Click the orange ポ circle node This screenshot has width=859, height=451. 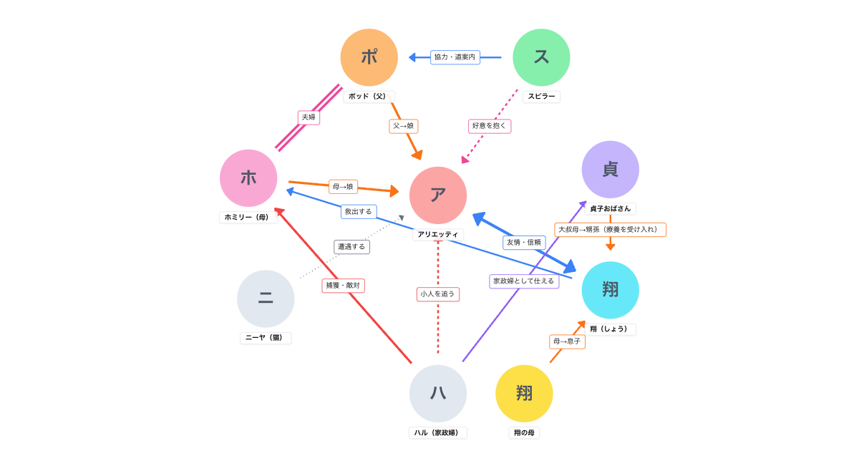coord(369,57)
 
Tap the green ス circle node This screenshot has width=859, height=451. coord(541,57)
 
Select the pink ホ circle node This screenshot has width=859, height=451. coord(248,178)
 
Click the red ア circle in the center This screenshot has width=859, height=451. coord(438,195)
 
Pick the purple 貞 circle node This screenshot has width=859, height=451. coord(611,170)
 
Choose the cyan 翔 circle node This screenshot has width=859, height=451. coord(611,290)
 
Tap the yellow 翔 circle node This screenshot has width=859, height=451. coord(524,393)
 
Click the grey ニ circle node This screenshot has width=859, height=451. coord(266,299)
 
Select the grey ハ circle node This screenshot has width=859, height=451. coord(438,393)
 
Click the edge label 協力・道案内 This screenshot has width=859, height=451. coord(455,57)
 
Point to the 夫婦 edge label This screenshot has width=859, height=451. coord(309,117)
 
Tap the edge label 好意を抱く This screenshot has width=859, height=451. coord(490,126)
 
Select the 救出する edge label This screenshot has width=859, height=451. coord(359,212)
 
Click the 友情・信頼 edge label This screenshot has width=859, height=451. coord(524,243)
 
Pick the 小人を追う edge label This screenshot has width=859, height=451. coord(438,294)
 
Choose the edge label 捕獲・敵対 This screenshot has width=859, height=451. coord(343,286)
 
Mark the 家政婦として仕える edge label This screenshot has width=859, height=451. coord(524,281)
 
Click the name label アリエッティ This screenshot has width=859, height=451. coord(438,234)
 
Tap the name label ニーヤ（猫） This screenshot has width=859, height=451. coord(266,338)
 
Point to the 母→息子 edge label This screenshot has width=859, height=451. coord(567,341)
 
